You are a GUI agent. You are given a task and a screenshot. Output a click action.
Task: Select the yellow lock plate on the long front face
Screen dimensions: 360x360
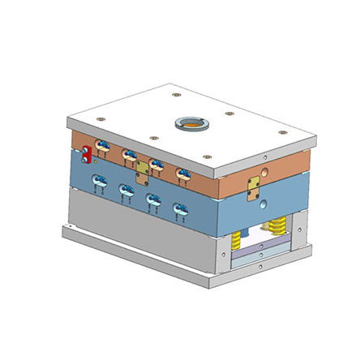(144, 168)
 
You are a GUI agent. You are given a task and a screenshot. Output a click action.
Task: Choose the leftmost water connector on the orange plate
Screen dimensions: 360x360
(101, 146)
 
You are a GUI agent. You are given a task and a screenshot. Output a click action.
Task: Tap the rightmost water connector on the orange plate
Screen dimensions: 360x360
(182, 174)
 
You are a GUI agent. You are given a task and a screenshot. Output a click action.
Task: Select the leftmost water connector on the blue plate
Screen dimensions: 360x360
(99, 182)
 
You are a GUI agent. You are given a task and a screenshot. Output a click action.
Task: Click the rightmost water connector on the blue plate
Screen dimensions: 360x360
(179, 211)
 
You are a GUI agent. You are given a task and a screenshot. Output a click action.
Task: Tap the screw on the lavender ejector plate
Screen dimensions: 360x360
(260, 251)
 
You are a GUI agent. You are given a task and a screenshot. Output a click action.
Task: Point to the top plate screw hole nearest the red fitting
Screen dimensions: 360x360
(100, 121)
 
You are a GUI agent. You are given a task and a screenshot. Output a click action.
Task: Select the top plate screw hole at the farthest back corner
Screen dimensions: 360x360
(175, 95)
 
